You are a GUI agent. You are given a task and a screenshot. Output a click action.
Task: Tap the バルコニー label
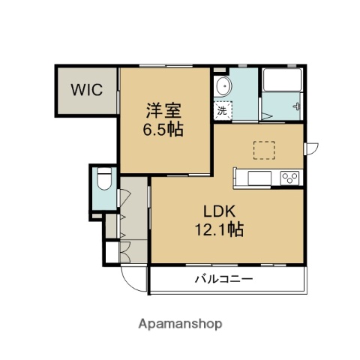[x=225, y=279]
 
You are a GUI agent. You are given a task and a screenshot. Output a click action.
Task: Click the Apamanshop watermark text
[x=180, y=325]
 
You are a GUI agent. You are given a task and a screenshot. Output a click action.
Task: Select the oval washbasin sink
[x=223, y=88]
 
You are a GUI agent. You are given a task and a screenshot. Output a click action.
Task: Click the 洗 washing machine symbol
[x=222, y=110]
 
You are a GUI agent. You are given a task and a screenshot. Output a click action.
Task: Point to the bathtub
[x=280, y=85]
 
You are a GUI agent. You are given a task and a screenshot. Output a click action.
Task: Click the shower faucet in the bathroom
[x=298, y=105]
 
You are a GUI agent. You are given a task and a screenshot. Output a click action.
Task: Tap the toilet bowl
[x=104, y=180]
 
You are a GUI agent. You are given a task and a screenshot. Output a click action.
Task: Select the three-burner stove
[x=289, y=178]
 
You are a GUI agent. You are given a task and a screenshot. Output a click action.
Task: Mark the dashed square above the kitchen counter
[x=264, y=150]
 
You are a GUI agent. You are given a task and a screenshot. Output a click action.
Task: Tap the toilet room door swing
[x=124, y=196]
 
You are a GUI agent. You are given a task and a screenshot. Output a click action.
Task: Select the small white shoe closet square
[x=111, y=252]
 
